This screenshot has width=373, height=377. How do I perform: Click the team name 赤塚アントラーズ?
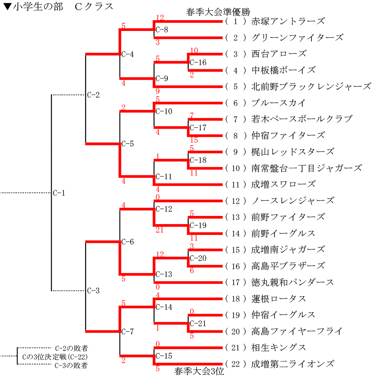pos(288,21)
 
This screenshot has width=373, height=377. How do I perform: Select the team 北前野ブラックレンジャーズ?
pos(311,87)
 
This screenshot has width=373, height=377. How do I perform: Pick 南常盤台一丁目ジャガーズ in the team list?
pos(307,168)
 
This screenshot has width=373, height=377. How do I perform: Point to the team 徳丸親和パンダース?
pos(293,282)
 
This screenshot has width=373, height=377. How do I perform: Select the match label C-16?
pos(198,63)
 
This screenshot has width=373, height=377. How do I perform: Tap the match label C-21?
pos(198,324)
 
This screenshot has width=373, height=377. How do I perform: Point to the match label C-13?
pos(164,274)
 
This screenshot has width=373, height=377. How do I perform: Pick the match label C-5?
pos(128,144)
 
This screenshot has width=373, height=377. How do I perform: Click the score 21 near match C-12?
pos(160,230)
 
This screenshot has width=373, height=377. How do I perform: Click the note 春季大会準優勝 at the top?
pos(213,12)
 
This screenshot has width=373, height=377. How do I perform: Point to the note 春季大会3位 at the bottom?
pos(199,371)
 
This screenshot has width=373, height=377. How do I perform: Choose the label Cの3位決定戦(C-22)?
pos(55,357)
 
